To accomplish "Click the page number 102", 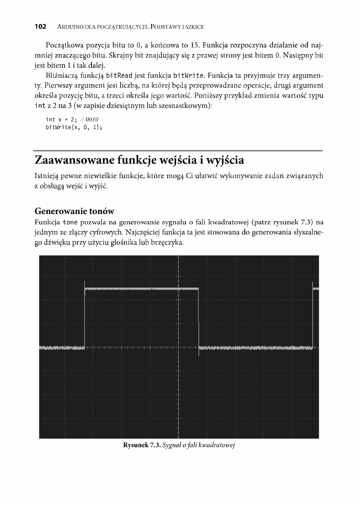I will pos(41,27).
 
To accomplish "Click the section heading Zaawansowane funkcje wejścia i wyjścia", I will pos(139,160).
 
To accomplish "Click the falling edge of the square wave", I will pos(199,318).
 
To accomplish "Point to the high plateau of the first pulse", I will pos(141,289).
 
